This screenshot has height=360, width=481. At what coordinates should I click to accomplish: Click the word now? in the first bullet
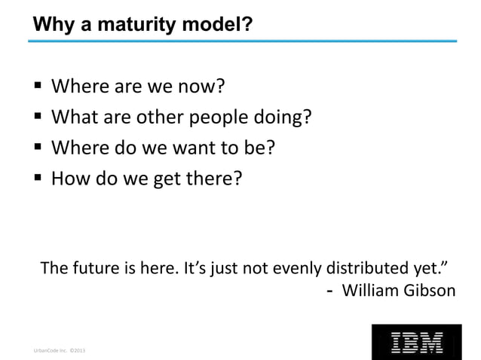pos(201,88)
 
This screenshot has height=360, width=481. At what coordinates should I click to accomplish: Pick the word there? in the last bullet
pos(217,178)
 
